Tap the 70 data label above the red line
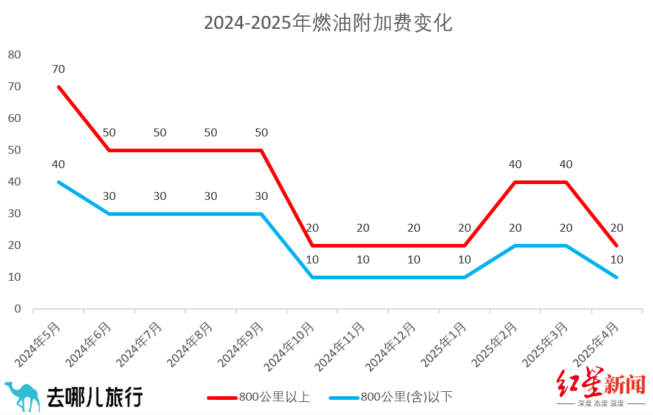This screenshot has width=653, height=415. coord(58,69)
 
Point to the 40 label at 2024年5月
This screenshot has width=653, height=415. coord(58,165)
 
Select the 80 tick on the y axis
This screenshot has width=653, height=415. coord(14,55)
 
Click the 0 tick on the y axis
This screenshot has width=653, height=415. coord(17,309)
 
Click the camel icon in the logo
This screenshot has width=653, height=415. coord(22,396)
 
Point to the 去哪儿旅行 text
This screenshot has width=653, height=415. coord(94,396)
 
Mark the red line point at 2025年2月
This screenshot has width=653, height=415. coord(516,182)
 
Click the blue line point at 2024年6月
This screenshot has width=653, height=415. coord(110,214)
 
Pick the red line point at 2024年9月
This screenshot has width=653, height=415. coord(262,150)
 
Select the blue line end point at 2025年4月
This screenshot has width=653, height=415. coord(617,277)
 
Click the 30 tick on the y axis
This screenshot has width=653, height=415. coord(14,214)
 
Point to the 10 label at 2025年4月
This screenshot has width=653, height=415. coord(617,260)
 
